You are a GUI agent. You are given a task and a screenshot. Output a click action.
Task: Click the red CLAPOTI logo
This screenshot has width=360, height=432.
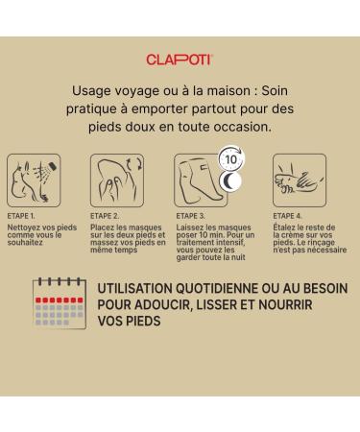tap(180, 60)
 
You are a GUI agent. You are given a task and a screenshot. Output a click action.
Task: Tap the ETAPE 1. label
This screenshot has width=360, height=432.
tap(21, 216)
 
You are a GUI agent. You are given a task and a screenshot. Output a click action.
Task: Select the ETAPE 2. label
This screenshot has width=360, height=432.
tap(105, 216)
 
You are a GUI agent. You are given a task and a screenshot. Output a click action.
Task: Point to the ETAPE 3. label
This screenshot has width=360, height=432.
tap(191, 216)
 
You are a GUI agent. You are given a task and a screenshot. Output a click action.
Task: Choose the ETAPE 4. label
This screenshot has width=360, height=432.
tap(287, 216)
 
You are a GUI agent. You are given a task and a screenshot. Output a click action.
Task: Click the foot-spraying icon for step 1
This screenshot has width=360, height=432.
tap(34, 180)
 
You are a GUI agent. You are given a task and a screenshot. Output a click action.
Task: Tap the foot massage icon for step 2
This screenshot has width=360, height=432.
tap(117, 180)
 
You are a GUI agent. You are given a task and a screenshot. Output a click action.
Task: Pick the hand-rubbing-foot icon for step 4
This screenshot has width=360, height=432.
tap(300, 180)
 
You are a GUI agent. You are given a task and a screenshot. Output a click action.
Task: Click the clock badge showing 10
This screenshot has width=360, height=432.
tap(231, 158)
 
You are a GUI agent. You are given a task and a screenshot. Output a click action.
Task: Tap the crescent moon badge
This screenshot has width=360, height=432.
tap(230, 181)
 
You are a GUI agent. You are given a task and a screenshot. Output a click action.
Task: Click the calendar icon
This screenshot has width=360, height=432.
tap(60, 303)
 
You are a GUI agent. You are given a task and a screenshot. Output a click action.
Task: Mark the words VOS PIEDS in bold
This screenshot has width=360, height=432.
tap(130, 321)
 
